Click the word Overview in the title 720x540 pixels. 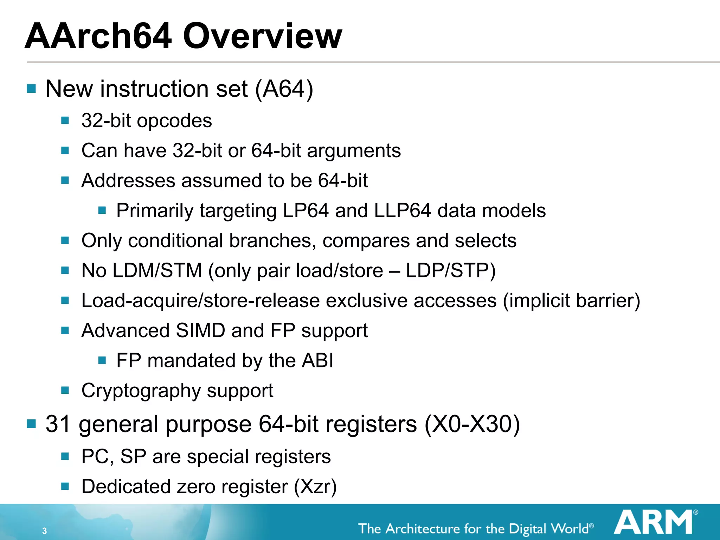262,36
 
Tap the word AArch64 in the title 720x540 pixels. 98,36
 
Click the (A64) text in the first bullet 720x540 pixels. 284,89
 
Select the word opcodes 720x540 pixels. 174,121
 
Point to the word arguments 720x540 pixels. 354,151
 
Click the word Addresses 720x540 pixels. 128,181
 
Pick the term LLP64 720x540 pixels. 402,211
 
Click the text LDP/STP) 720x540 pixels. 451,271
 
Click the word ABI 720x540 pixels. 318,361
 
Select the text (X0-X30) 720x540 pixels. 472,424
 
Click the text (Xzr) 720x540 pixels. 315,487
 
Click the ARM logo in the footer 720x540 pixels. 654,522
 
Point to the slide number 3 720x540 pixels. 44,531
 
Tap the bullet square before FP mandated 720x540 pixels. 102,360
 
